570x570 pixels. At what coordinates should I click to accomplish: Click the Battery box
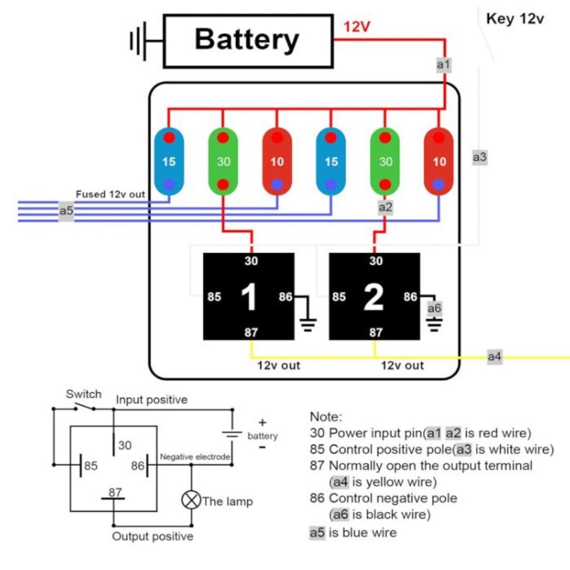[x=247, y=41]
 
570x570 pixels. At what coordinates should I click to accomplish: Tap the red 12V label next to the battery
[x=357, y=27]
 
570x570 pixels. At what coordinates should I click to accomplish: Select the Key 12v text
[x=515, y=19]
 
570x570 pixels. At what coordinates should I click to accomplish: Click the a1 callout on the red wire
[x=444, y=65]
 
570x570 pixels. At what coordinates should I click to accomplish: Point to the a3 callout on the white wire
[x=480, y=157]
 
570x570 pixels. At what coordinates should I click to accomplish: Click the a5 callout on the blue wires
[x=67, y=211]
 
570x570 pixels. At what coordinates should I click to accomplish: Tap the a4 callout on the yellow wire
[x=495, y=357]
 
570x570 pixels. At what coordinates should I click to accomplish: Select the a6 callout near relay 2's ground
[x=434, y=308]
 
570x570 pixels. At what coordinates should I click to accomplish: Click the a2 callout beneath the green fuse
[x=386, y=207]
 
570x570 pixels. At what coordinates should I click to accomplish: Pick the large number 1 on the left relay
[x=249, y=297]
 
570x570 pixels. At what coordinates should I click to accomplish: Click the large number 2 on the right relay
[x=374, y=297]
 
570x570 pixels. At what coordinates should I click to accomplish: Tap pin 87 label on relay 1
[x=251, y=333]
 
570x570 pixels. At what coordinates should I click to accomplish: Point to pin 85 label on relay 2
[x=339, y=297]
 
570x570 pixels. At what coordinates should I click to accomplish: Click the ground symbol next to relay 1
[x=309, y=325]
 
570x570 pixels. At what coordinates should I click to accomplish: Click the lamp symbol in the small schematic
[x=191, y=501]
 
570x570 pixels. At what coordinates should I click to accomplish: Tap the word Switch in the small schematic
[x=84, y=394]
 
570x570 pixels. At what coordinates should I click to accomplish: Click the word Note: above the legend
[x=326, y=416]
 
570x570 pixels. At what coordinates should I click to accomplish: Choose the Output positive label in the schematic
[x=153, y=536]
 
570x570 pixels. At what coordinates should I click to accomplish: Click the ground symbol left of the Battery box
[x=138, y=41]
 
